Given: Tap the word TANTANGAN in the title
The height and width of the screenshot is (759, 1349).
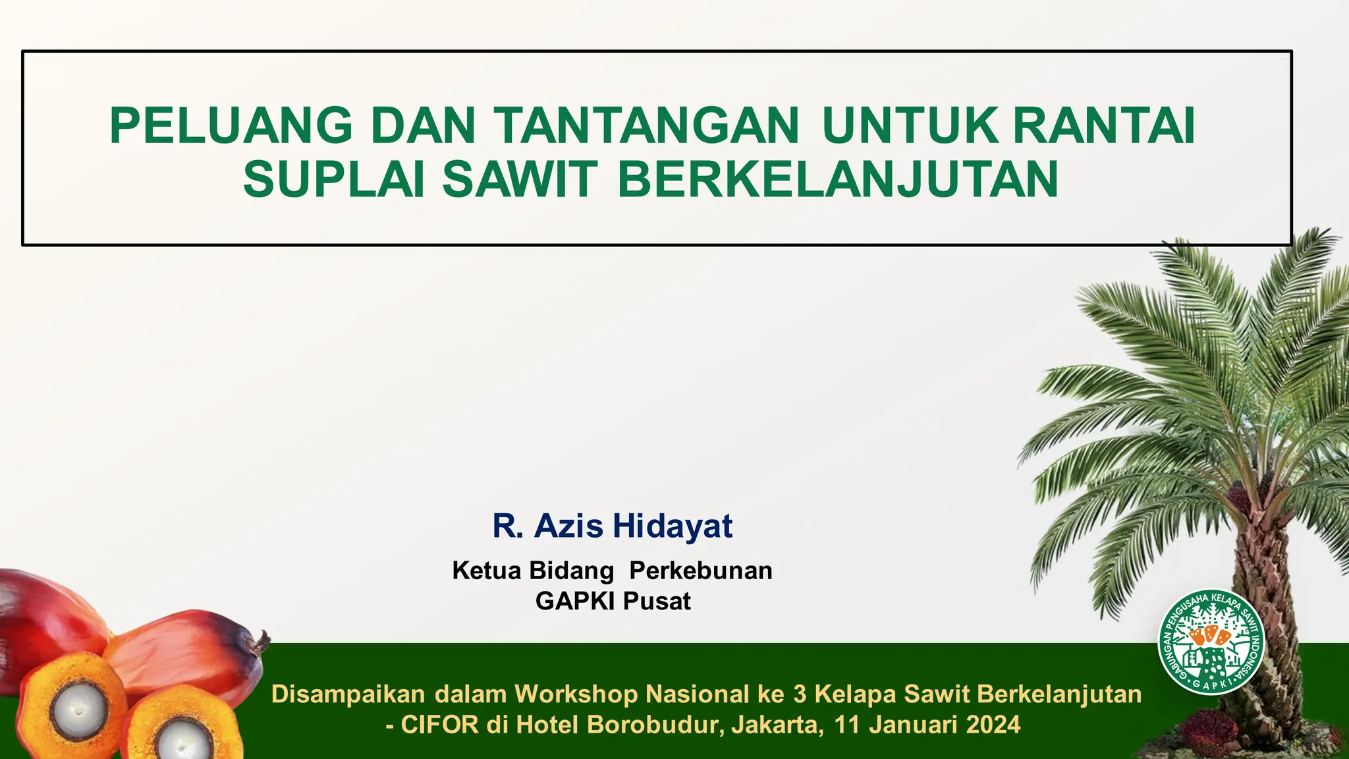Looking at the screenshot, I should point(646,126).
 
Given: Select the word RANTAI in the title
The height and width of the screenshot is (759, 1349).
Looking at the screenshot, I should point(1104,126).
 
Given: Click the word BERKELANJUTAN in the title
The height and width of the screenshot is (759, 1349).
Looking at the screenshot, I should point(838,179).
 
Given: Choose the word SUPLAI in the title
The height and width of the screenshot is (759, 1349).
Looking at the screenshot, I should point(334,179).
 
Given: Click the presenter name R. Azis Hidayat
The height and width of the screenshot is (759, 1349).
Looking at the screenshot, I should point(612,526).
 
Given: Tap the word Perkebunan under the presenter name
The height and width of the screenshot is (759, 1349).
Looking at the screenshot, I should point(700,571).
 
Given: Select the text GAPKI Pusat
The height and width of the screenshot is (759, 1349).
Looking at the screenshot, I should point(613,601).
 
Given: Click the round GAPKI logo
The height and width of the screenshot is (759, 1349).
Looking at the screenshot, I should point(1211,642).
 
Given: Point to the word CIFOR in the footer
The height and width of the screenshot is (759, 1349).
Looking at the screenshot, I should point(439,725).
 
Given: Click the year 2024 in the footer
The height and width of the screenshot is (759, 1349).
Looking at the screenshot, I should point(993,725).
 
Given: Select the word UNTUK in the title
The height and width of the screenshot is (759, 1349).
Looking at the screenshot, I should point(910,126).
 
